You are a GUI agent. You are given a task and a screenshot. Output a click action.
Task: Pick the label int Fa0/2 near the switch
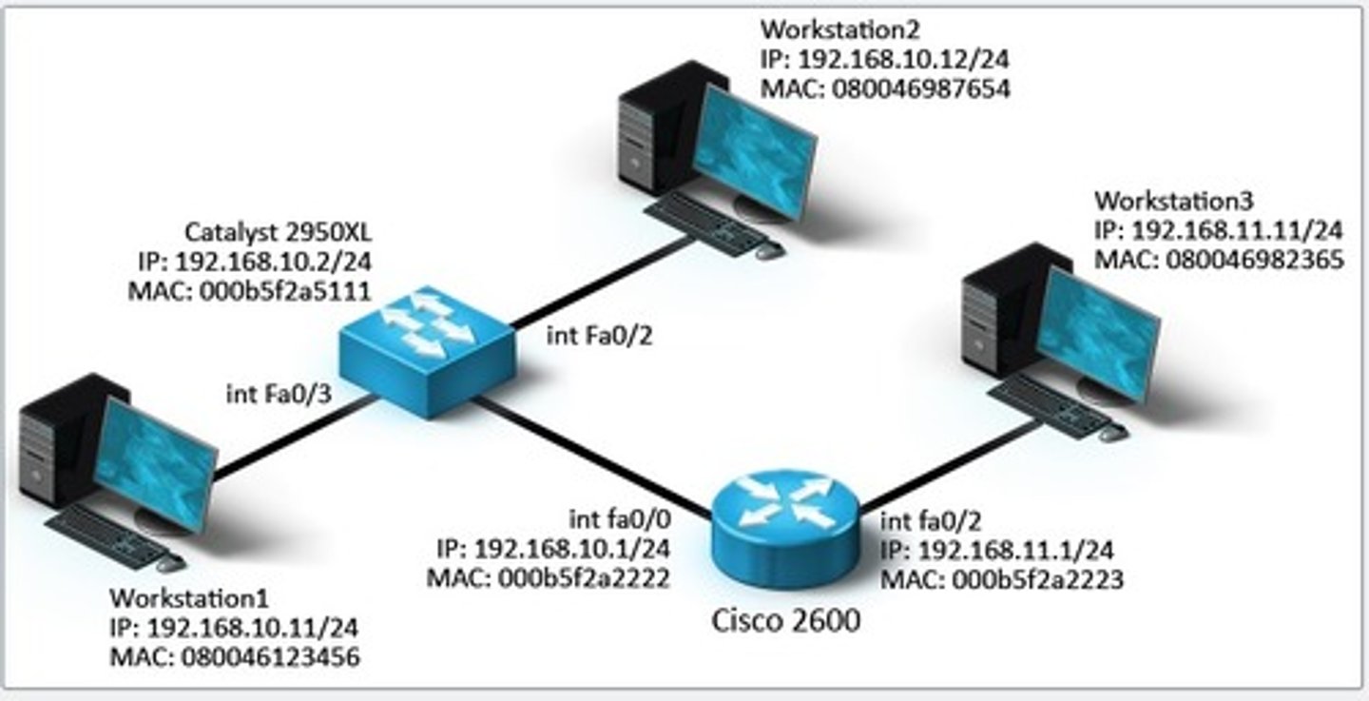pos(600,336)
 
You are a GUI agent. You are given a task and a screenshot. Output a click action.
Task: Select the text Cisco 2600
pos(786,621)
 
